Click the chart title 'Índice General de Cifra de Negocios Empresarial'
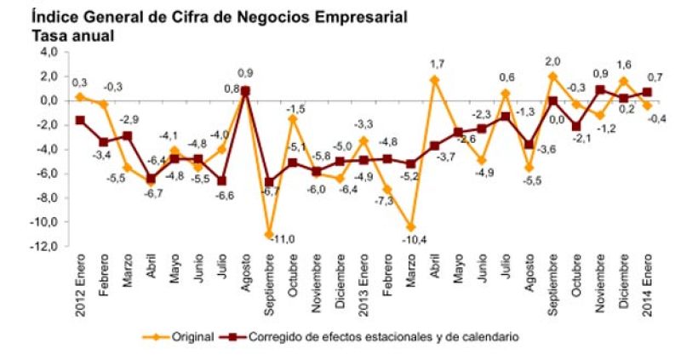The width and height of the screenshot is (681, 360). (x=219, y=17)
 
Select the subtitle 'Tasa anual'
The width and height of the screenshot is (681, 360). (x=73, y=36)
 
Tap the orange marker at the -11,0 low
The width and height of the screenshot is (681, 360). (x=269, y=234)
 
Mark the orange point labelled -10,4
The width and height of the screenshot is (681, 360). (x=410, y=227)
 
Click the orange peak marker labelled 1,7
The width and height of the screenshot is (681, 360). (x=434, y=80)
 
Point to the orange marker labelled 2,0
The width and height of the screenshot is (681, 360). (x=552, y=77)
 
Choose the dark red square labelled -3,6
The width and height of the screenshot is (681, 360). (x=529, y=145)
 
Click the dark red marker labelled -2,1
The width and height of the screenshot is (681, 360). (x=575, y=126)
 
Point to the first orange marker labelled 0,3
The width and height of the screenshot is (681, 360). (x=80, y=97)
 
